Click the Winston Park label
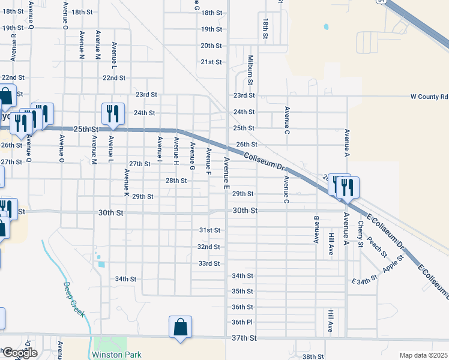(x=117, y=355)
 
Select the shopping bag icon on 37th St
(x=180, y=328)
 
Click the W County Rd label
(x=429, y=96)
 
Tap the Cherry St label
(x=361, y=234)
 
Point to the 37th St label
(x=244, y=338)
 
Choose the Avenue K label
(x=127, y=184)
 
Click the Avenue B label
(x=316, y=229)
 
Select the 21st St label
(x=211, y=62)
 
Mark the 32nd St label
(x=208, y=247)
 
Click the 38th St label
(x=313, y=356)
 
